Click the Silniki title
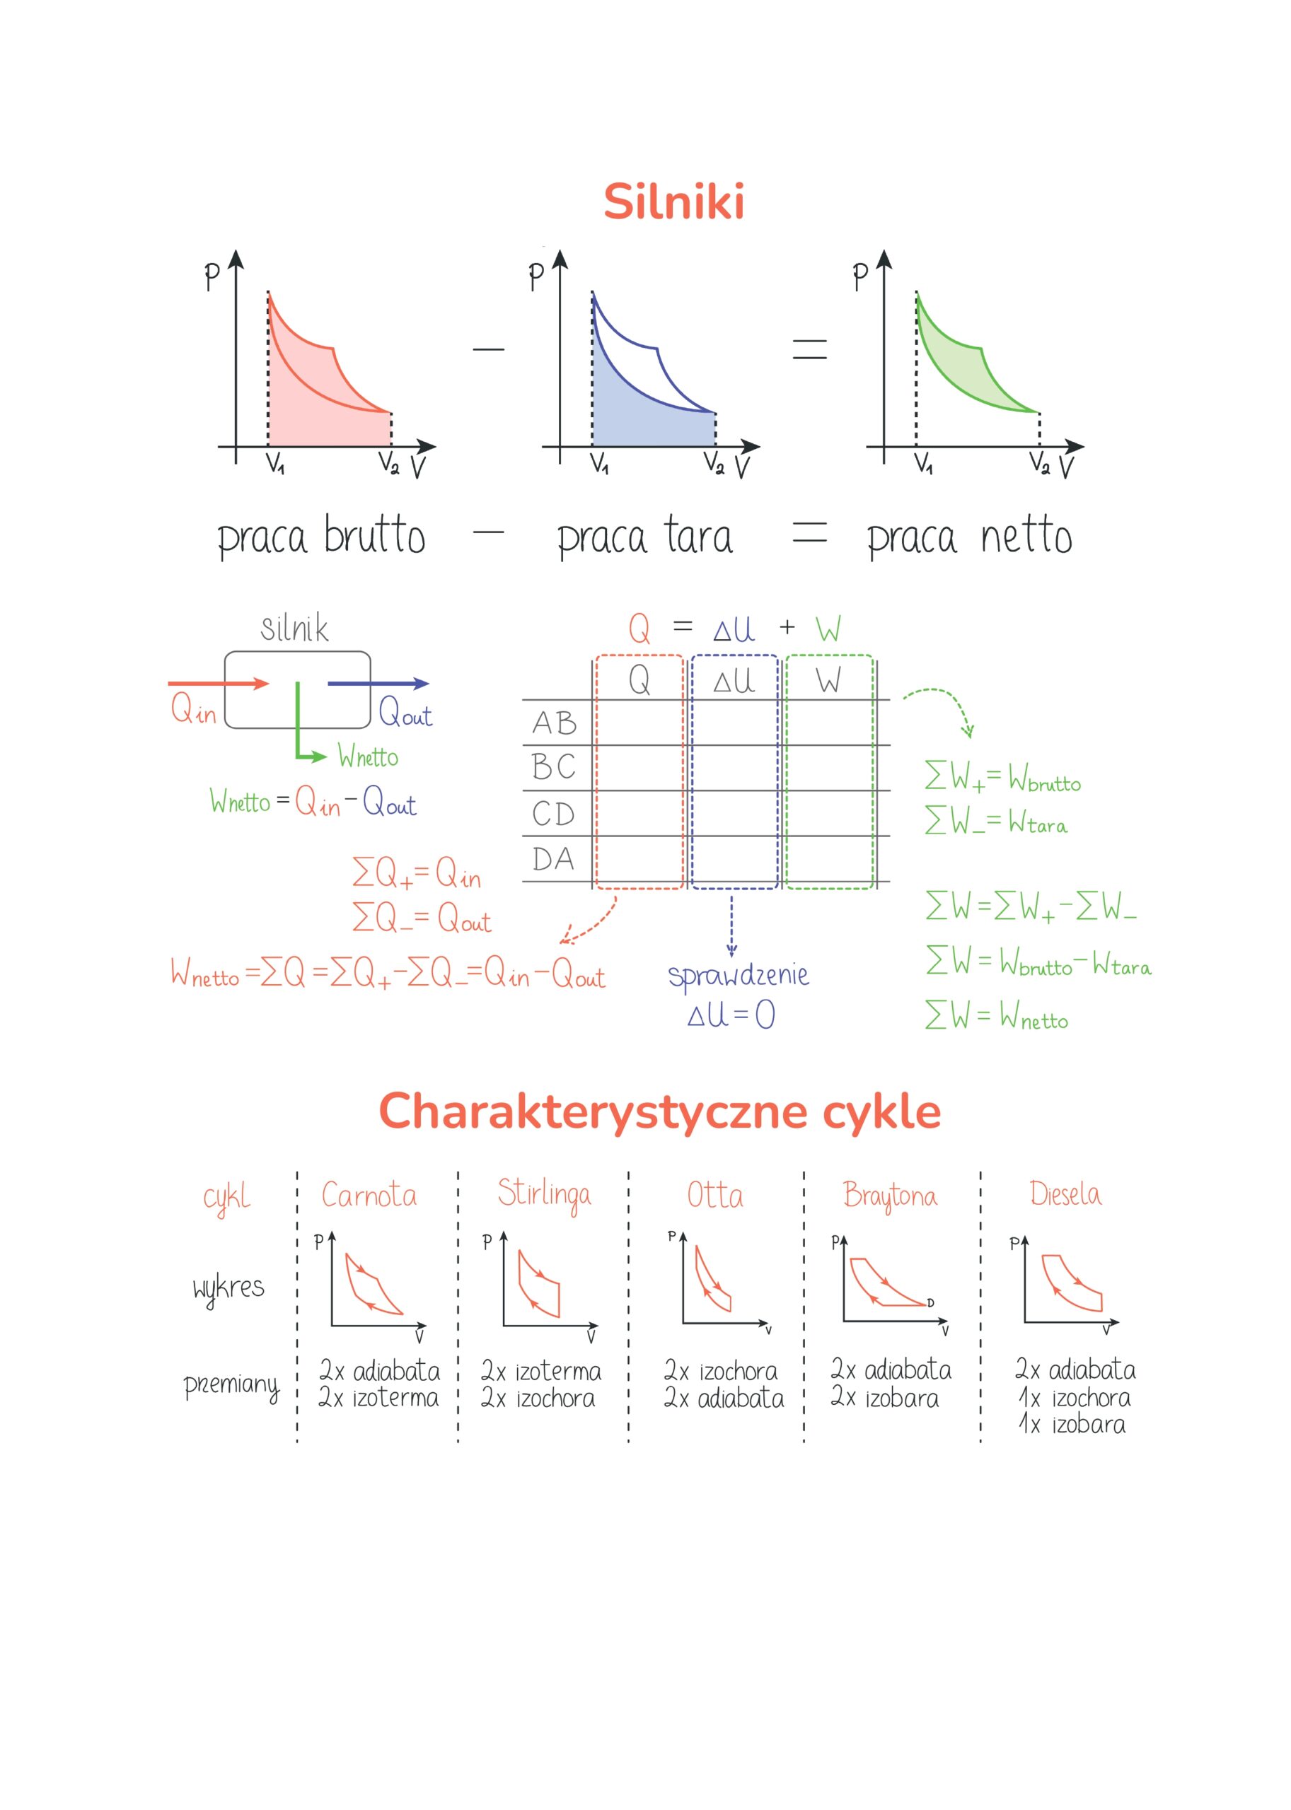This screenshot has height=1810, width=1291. click(673, 201)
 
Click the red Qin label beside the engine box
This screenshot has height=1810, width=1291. click(193, 708)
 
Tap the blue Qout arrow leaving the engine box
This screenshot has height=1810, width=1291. click(378, 683)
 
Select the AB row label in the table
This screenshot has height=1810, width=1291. click(554, 723)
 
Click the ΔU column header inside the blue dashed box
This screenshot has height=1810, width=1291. click(733, 681)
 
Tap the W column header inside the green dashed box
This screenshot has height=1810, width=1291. click(828, 681)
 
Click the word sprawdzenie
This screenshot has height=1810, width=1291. click(738, 975)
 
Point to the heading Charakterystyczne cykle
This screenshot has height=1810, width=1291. click(659, 1111)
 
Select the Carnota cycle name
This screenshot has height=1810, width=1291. click(369, 1196)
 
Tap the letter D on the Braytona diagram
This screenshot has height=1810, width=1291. click(930, 1303)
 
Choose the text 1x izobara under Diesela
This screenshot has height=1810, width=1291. click(1072, 1425)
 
